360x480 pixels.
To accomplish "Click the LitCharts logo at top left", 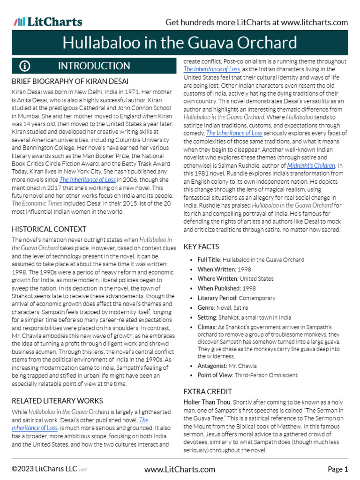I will click(48, 22).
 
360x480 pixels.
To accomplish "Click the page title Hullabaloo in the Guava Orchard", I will click(180, 43).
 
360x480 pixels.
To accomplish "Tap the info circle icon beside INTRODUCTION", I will click(24, 66).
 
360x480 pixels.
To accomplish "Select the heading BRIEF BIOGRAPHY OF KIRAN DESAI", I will click(70, 81).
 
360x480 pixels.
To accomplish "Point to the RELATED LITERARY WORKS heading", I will click(57, 401).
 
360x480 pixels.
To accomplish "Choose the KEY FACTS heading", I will click(201, 247).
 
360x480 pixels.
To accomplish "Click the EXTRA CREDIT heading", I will click(208, 391).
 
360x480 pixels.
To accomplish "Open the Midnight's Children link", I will click(311, 165).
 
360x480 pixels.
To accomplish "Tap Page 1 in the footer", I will click(337, 469).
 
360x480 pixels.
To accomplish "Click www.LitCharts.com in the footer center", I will click(180, 469).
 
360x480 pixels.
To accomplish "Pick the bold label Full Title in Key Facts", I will click(209, 260).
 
